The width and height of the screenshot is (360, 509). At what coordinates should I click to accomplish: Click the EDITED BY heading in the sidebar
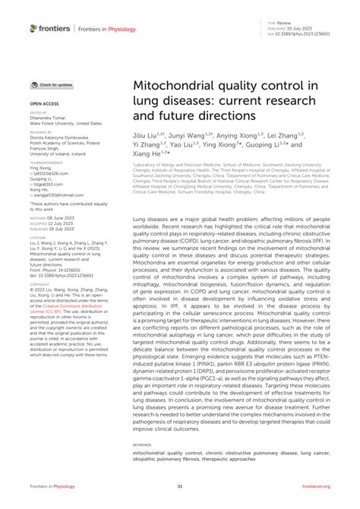(39, 112)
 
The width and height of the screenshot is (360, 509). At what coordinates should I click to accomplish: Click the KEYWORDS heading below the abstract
(142, 444)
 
